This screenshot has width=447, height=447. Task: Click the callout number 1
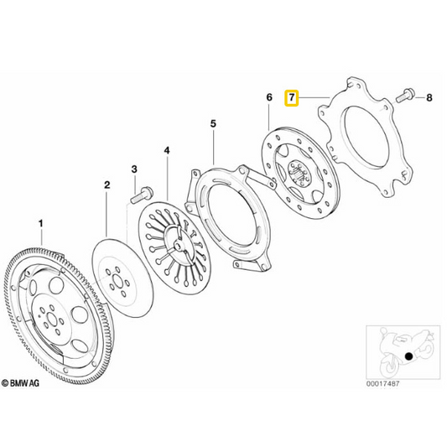pyautogui.click(x=41, y=223)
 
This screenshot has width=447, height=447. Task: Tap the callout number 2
pyautogui.click(x=107, y=185)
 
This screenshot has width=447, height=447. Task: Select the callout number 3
pyautogui.click(x=134, y=169)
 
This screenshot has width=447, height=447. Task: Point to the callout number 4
pyautogui.click(x=167, y=150)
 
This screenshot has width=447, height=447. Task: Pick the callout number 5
pyautogui.click(x=213, y=124)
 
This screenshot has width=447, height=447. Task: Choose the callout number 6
pyautogui.click(x=269, y=97)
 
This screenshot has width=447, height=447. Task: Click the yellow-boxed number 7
pyautogui.click(x=292, y=98)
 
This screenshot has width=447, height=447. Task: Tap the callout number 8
pyautogui.click(x=429, y=98)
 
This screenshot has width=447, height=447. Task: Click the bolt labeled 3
pyautogui.click(x=142, y=195)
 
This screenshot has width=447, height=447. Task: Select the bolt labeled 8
pyautogui.click(x=405, y=96)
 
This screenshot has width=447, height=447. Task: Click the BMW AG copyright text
pyautogui.click(x=20, y=383)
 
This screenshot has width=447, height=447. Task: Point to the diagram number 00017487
pyautogui.click(x=382, y=384)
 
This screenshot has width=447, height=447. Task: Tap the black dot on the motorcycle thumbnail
pyautogui.click(x=408, y=356)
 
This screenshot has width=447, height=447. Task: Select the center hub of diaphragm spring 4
pyautogui.click(x=178, y=245)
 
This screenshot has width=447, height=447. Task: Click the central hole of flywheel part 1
pyautogui.click(x=52, y=320)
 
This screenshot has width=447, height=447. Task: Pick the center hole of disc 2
pyautogui.click(x=117, y=282)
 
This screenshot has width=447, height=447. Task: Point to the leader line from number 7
pyautogui.click(x=314, y=98)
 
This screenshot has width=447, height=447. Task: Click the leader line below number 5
pyautogui.click(x=214, y=147)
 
